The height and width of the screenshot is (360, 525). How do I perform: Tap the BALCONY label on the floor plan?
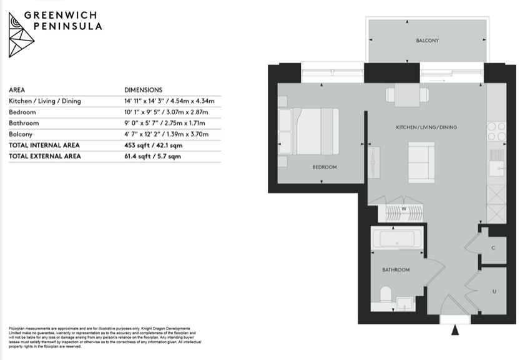427,41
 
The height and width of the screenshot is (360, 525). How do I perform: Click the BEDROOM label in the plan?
324,167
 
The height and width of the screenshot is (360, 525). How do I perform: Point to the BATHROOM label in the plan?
396,270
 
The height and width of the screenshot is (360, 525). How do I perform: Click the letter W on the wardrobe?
404,208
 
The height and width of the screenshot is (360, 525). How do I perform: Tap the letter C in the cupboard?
493,248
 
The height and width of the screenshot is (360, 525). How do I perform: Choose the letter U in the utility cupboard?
494,291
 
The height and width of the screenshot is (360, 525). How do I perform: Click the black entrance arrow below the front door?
455,329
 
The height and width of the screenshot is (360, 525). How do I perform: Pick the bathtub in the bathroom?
399,238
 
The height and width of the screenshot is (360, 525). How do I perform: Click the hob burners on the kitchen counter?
496,131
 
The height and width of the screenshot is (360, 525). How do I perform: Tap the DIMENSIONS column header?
144,90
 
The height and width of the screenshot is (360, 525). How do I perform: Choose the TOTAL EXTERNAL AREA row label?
45,156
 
